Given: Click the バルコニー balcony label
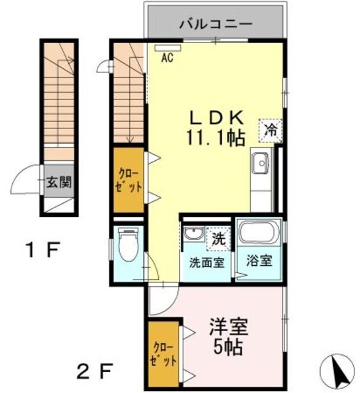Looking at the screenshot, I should (x=216, y=25).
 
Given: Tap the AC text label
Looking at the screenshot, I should (x=167, y=58).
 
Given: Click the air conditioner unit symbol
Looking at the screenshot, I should (x=167, y=46).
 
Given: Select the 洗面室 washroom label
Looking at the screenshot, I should (x=205, y=263).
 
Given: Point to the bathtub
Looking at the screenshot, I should (x=259, y=233).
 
